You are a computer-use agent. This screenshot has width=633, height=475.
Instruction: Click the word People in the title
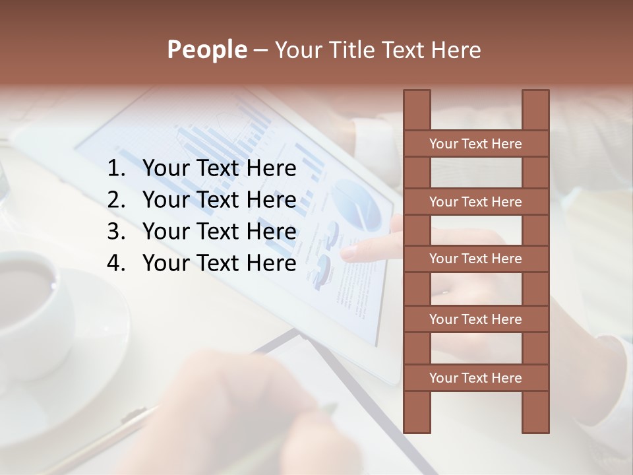coord(206,49)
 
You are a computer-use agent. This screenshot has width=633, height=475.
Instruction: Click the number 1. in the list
coord(116,169)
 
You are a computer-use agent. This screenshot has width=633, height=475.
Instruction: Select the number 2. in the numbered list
coord(116,200)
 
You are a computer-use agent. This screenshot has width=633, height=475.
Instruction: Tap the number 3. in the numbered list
coord(116,232)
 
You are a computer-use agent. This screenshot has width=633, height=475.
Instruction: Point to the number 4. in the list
coord(116,263)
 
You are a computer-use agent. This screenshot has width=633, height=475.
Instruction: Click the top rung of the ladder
coord(475,144)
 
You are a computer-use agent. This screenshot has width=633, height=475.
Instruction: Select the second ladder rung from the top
coord(475,202)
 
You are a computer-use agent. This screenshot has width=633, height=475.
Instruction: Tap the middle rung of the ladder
coord(475,259)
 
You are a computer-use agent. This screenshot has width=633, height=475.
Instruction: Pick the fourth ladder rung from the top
coord(475,319)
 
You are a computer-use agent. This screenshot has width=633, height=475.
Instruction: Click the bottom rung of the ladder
coord(475,378)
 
